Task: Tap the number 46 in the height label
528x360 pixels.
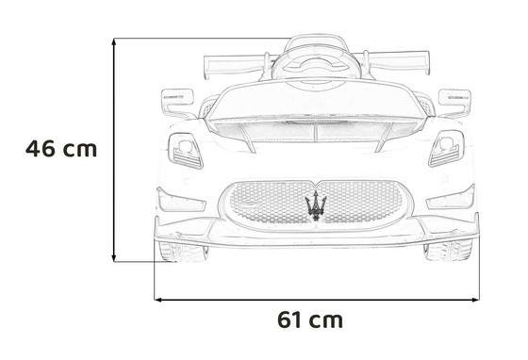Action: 41,149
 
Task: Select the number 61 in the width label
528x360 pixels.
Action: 292,319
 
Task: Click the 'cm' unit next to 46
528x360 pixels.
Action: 81,149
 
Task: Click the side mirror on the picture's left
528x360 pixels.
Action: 176,96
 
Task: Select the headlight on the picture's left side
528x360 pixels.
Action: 185,149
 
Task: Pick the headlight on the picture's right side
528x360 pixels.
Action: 446,148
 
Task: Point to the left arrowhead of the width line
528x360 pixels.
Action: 157,298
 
